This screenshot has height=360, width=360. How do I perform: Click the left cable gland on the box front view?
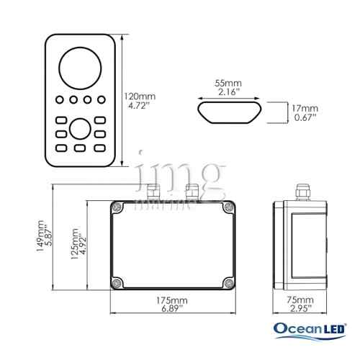tap(152, 192)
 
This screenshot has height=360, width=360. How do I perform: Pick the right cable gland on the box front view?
tap(192, 192)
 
